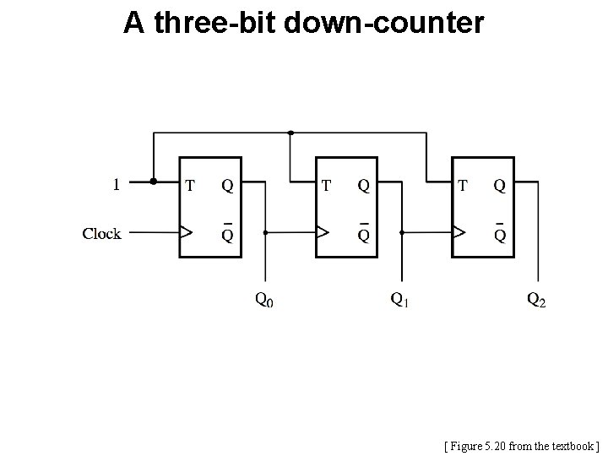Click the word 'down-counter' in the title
click(x=384, y=23)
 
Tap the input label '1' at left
click(x=116, y=182)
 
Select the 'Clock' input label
click(x=101, y=233)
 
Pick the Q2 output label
click(x=536, y=299)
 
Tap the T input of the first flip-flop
click(x=190, y=184)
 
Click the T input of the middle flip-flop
click(x=326, y=184)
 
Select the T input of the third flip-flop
click(x=463, y=184)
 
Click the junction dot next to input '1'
click(x=153, y=181)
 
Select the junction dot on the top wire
click(x=290, y=133)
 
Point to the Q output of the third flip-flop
click(x=500, y=184)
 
